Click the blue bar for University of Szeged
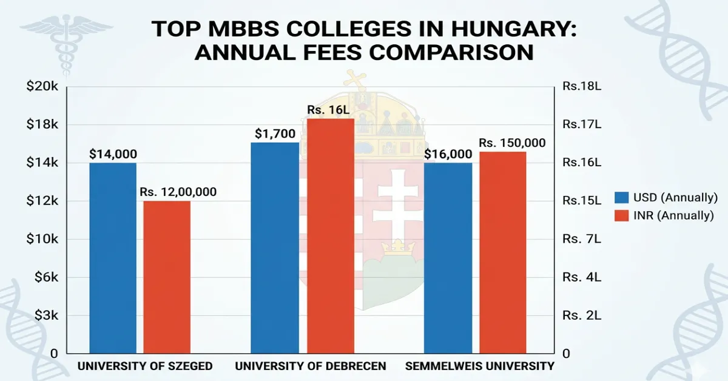click(113, 258)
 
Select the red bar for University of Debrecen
click(330, 236)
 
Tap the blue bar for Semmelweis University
click(448, 258)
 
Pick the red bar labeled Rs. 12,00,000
click(167, 277)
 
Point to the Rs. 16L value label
click(331, 110)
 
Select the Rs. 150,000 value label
click(511, 143)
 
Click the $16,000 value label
click(448, 154)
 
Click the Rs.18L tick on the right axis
click(581, 87)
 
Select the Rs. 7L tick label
click(581, 239)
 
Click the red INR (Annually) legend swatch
click(621, 215)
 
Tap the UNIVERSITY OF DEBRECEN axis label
click(310, 366)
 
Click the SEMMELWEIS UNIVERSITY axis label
click(479, 366)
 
